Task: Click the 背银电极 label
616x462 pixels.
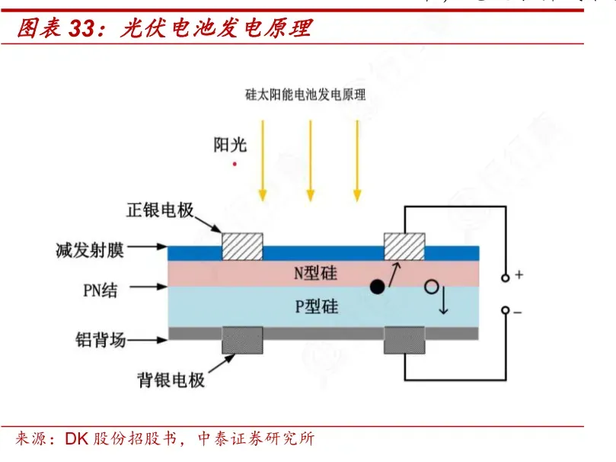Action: click(171, 379)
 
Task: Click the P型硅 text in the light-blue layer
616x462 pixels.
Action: click(316, 306)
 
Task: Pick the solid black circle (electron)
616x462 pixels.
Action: click(376, 287)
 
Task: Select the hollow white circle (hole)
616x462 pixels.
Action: click(432, 287)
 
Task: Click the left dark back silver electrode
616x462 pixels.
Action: click(242, 341)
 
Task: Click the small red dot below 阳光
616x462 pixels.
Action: click(235, 163)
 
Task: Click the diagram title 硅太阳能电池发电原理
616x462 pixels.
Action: click(305, 95)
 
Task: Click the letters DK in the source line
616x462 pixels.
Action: click(77, 439)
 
